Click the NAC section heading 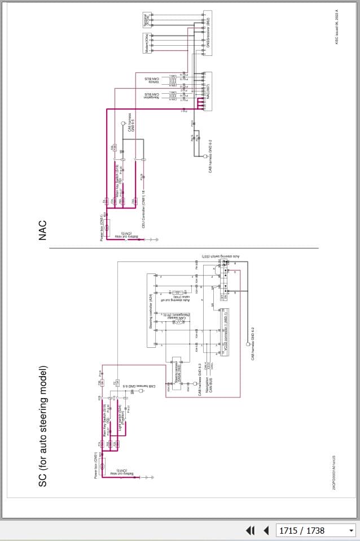click(x=43, y=230)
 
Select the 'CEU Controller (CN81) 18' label click(x=135, y=195)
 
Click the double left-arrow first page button click(x=250, y=530)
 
